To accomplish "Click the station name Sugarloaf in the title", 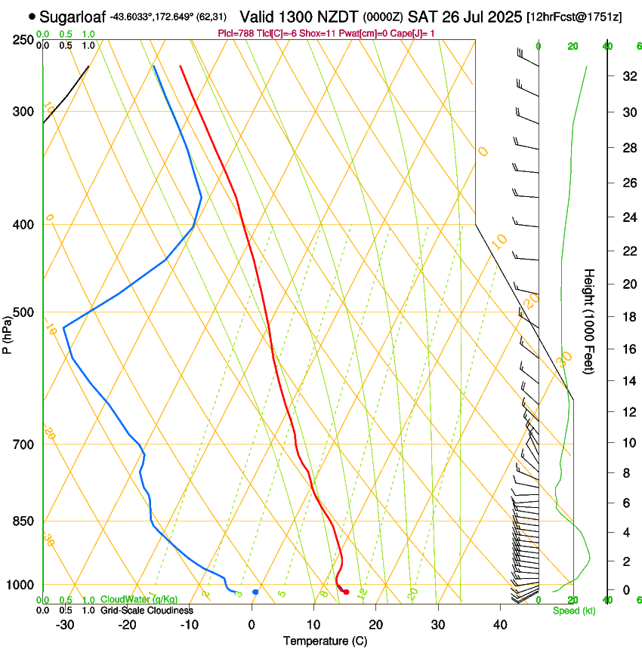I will [x=73, y=16].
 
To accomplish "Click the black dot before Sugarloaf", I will [x=32, y=16].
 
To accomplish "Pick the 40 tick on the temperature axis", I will [x=499, y=624].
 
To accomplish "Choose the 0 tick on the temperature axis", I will [x=252, y=624].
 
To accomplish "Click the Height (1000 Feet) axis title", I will [x=590, y=321].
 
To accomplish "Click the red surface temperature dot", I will [x=346, y=592].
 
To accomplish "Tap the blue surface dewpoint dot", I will [x=255, y=592].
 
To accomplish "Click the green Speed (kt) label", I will [x=574, y=611].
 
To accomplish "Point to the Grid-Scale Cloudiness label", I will [x=146, y=610].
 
